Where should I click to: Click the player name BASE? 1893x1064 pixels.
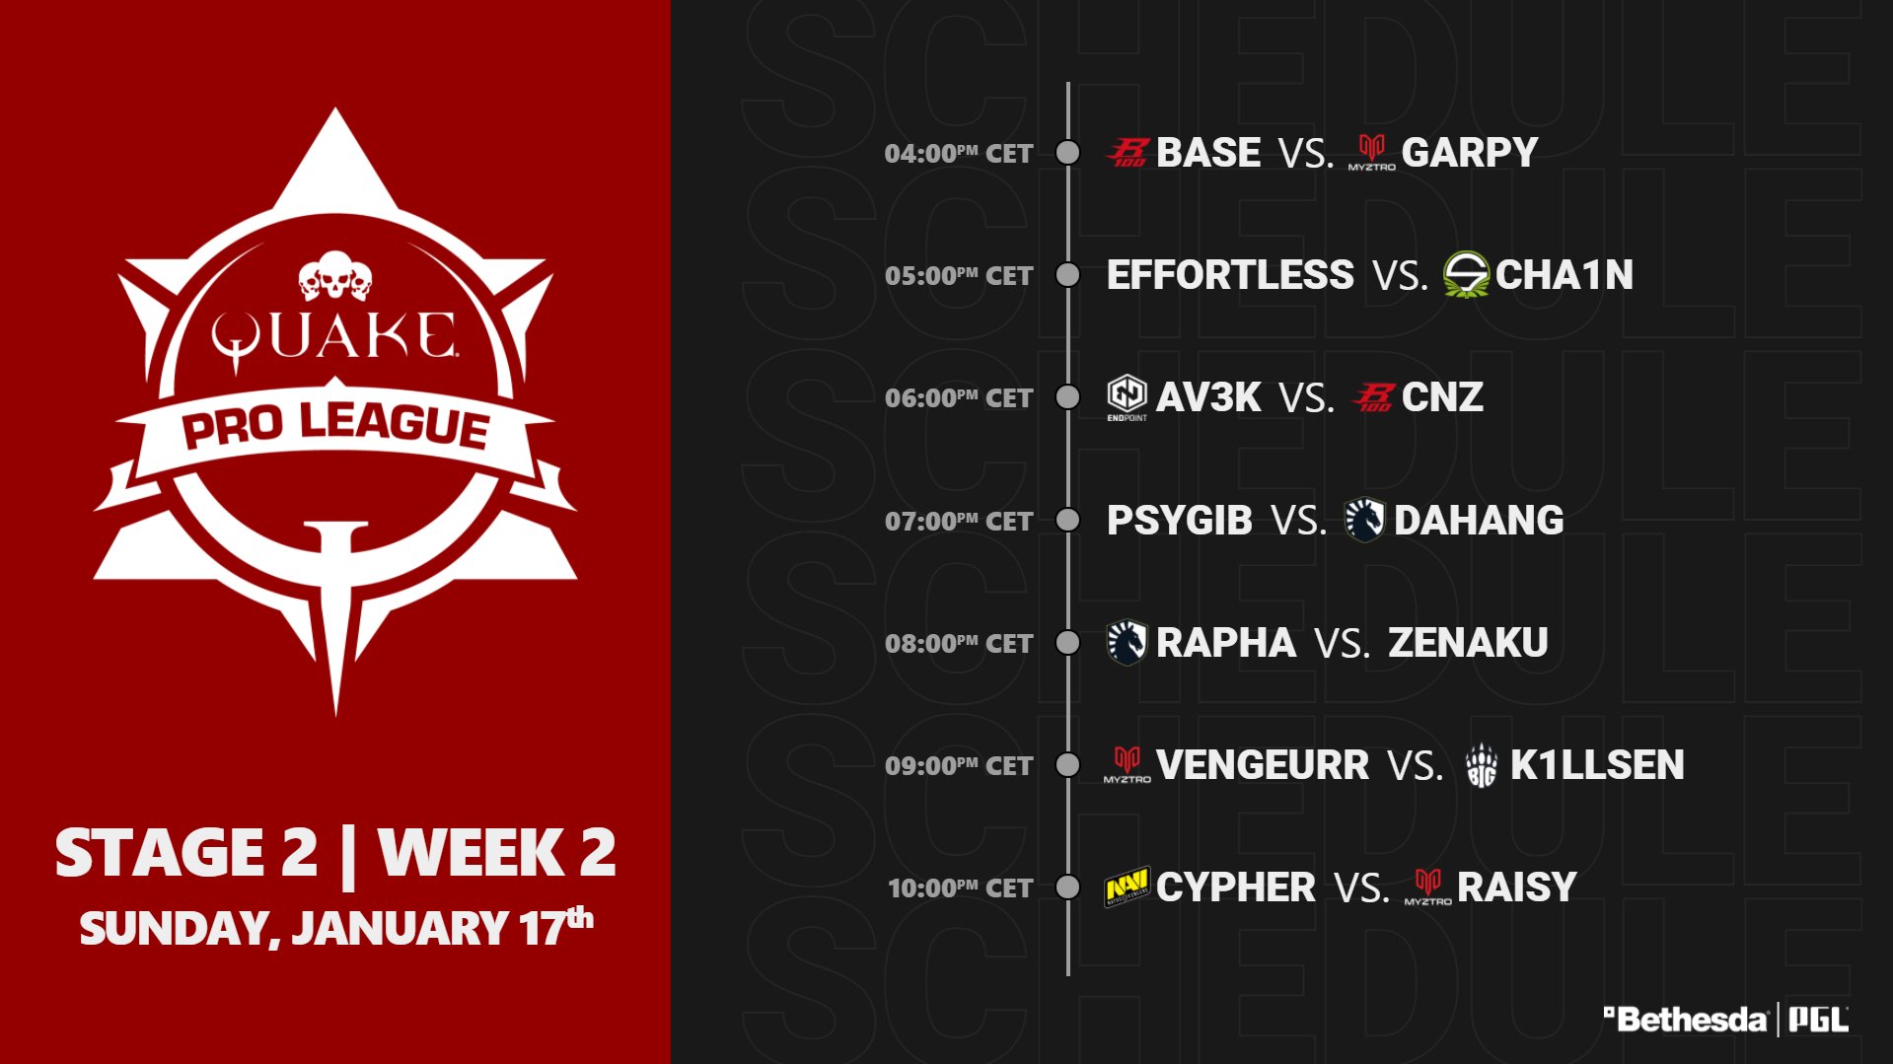1207,153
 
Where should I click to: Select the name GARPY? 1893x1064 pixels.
1470,153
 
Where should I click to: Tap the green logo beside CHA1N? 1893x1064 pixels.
1466,274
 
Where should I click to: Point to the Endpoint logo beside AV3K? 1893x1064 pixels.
1127,397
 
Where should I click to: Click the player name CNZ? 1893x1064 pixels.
1442,397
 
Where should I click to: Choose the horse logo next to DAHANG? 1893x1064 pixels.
1365,520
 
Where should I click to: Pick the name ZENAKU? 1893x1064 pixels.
1468,643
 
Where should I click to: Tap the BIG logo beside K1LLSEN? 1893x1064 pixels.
1482,765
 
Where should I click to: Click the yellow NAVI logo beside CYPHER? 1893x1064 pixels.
1127,887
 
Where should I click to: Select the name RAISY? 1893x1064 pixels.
1517,887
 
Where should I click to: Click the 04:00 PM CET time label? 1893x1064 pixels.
958,154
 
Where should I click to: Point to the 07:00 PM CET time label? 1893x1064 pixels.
958,522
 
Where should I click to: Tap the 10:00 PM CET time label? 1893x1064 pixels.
960,888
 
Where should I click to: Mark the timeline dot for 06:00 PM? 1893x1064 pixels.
1067,397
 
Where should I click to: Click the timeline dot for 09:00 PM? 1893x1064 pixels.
1067,765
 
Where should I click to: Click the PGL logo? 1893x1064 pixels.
1818,1020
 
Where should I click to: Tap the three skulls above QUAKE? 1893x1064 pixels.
335,276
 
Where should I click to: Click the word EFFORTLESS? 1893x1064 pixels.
1230,275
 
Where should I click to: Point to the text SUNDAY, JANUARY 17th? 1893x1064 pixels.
336,927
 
